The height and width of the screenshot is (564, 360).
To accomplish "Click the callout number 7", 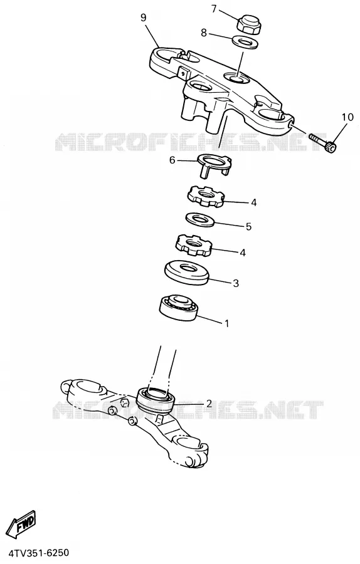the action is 214,9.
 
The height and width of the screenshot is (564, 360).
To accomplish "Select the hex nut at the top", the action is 249,23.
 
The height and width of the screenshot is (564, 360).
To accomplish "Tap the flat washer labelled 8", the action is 245,41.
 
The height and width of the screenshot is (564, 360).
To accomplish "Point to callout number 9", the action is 144,18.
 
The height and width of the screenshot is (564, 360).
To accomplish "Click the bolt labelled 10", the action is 322,143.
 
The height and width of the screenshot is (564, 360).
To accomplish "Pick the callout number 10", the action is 347,117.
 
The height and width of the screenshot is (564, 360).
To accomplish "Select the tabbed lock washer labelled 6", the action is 214,164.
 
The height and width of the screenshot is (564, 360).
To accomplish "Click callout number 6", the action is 172,160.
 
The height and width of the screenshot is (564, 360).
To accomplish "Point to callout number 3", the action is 236,283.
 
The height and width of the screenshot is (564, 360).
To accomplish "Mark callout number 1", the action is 227,323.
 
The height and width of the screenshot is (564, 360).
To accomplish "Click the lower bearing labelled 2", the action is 156,401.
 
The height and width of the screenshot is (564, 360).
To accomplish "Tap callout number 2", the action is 209,404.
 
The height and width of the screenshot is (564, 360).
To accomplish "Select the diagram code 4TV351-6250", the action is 35,552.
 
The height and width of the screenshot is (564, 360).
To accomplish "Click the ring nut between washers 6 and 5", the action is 206,196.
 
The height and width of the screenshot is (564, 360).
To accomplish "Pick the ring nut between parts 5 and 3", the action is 194,246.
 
